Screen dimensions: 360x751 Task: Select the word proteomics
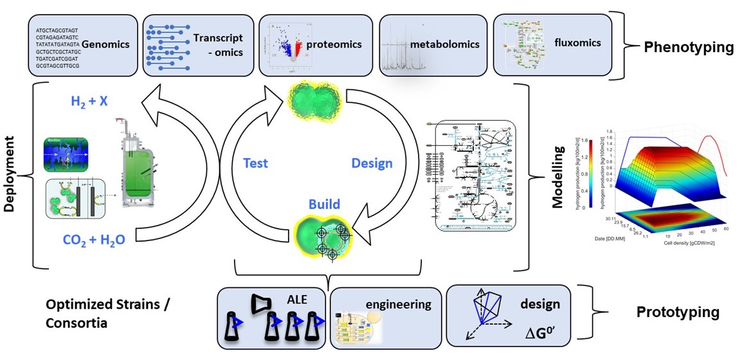[334, 44]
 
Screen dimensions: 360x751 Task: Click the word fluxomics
[577, 43]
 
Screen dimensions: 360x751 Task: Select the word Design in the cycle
[372, 163]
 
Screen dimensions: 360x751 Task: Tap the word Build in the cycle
[324, 205]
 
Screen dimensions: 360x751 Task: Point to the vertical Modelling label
[557, 177]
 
